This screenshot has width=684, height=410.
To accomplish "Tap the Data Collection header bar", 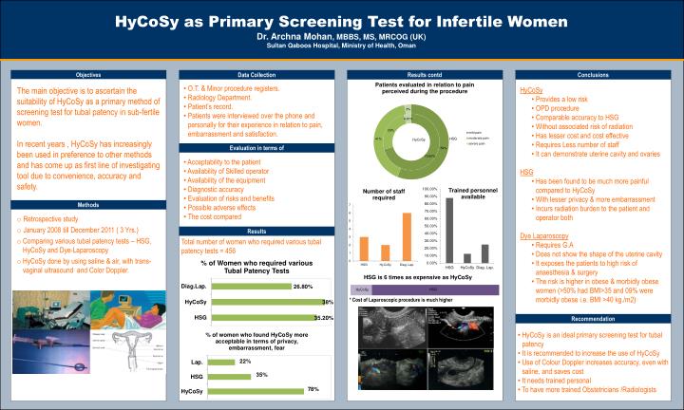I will tap(257, 74).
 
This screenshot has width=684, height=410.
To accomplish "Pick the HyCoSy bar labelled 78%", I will tap(256, 390).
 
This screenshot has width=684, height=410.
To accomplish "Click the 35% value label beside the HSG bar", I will tap(262, 376).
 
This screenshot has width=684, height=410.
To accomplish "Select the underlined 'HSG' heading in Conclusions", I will tap(526, 172).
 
